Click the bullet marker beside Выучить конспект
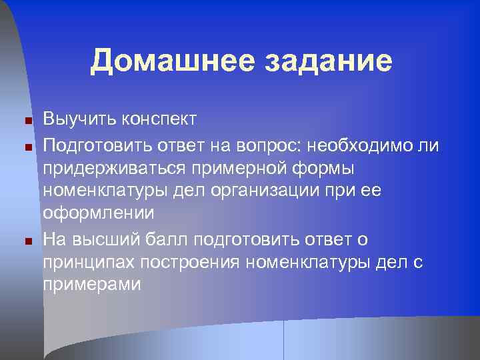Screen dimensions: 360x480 coord(28,121)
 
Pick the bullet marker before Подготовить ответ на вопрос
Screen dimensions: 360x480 coord(28,145)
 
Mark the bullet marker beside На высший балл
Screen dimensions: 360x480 coord(28,240)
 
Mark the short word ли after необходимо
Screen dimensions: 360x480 coord(431,144)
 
